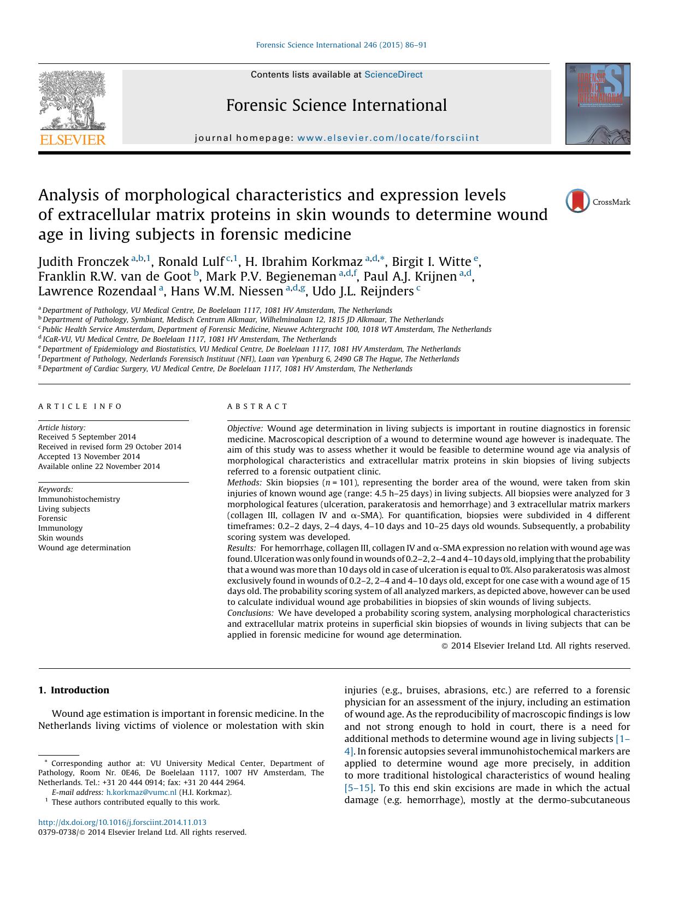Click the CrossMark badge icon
(577, 201)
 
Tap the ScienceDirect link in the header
(393, 75)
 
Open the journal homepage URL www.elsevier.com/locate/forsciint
(388, 138)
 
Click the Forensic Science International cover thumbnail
(598, 104)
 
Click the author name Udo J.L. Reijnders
(363, 292)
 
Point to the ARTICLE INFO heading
(80, 406)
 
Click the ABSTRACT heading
(257, 406)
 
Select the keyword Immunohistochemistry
(79, 499)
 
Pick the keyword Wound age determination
(84, 548)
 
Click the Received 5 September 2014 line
(87, 437)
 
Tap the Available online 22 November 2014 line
(99, 466)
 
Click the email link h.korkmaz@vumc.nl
(141, 792)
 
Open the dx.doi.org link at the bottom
(122, 822)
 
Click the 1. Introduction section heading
(74, 690)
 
